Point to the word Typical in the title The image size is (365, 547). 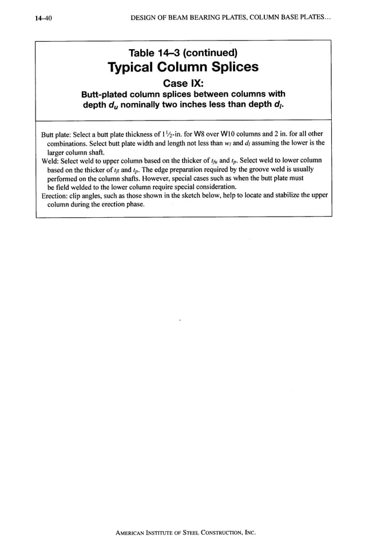pyautogui.click(x=132, y=67)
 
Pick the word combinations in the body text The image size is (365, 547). pyautogui.click(x=69, y=143)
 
